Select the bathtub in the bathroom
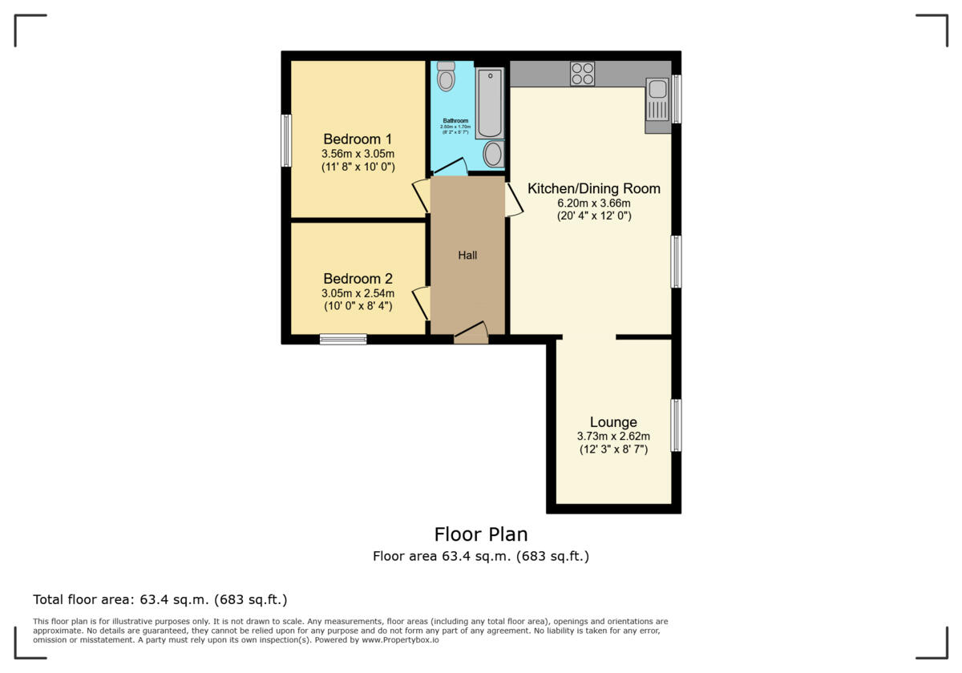[490, 103]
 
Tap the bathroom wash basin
[494, 154]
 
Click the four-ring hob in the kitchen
[582, 74]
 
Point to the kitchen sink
[657, 103]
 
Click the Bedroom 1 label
[358, 139]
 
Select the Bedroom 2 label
[358, 279]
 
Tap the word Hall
[467, 255]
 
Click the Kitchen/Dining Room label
[593, 189]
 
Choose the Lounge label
[613, 422]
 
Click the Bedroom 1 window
[286, 140]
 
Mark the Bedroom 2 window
[343, 339]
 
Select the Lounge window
[676, 425]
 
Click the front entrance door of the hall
[471, 335]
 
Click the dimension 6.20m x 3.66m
[593, 204]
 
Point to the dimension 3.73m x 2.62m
[613, 437]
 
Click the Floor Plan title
[481, 534]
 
